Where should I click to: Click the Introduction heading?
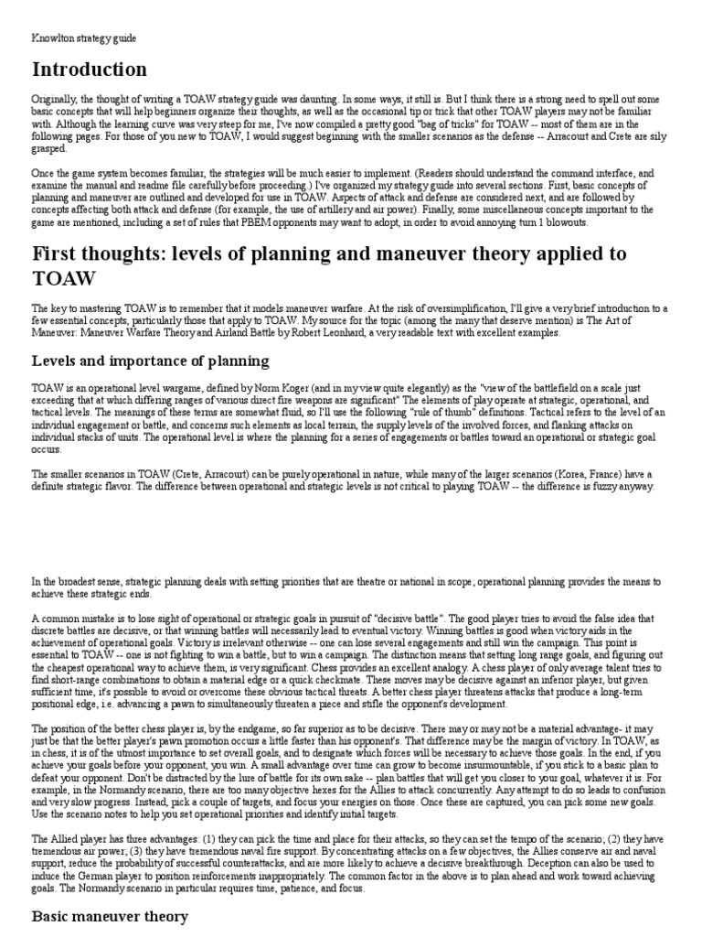[x=89, y=70]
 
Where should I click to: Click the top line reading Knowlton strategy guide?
[x=84, y=37]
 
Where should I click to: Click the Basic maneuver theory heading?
[x=110, y=915]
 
